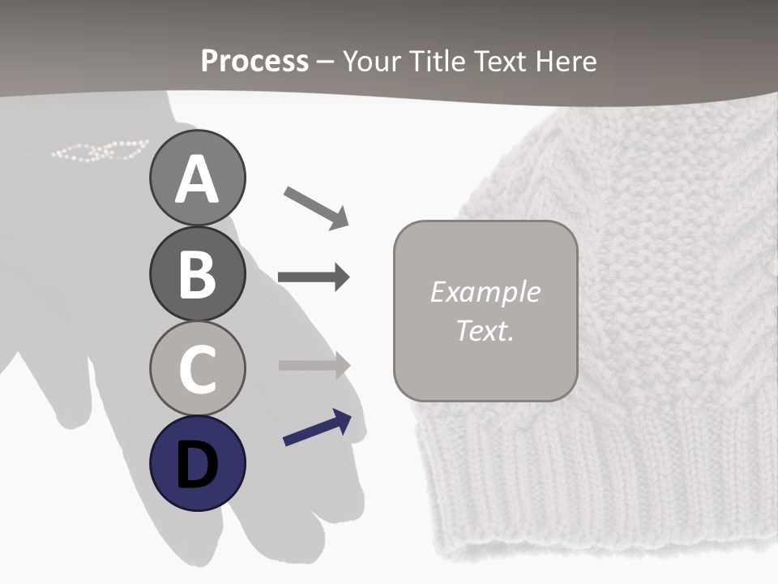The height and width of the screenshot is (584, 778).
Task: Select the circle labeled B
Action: tap(198, 273)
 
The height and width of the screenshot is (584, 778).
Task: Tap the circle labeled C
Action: tap(198, 368)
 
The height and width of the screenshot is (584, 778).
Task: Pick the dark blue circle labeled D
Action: tap(198, 463)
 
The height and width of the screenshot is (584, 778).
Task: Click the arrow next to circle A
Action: tap(316, 206)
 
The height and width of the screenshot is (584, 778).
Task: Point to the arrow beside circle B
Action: tap(314, 277)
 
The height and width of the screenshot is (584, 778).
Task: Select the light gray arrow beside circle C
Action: tap(314, 365)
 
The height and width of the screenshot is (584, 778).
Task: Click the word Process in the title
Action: tap(254, 61)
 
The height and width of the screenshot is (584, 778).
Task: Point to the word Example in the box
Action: tap(485, 292)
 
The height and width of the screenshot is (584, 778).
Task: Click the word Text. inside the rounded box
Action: tap(485, 330)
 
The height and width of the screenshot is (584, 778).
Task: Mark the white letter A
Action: tap(198, 179)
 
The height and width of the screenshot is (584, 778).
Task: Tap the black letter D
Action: tap(198, 465)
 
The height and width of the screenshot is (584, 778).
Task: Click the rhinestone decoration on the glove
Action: tap(100, 151)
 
